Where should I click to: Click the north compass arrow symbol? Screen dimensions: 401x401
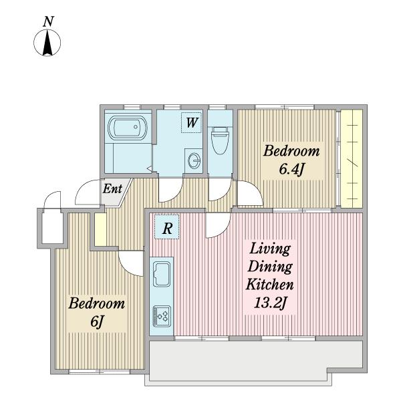click(x=47, y=43)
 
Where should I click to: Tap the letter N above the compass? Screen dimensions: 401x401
click(x=48, y=21)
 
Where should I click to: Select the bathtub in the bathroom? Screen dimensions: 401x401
click(x=128, y=127)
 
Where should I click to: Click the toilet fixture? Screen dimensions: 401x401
click(x=220, y=140)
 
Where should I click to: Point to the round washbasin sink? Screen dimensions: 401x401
click(x=194, y=161)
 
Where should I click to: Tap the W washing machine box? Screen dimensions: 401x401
click(x=192, y=123)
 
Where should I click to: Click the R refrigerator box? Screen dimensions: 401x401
click(x=166, y=227)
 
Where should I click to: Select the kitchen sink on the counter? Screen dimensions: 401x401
click(x=162, y=275)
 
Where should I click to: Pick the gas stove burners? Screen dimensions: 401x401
click(x=162, y=317)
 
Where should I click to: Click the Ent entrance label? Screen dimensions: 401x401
click(x=112, y=189)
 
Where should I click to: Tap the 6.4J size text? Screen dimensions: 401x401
click(x=291, y=169)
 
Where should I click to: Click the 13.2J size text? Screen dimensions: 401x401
click(x=269, y=303)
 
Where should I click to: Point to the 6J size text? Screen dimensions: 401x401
click(x=97, y=321)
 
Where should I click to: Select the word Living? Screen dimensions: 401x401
click(x=270, y=249)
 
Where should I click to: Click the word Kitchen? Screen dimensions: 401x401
click(x=269, y=285)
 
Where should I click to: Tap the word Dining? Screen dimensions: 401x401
click(x=270, y=267)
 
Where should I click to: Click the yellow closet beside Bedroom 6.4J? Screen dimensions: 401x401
click(x=352, y=158)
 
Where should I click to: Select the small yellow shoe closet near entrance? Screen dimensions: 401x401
click(x=100, y=229)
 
